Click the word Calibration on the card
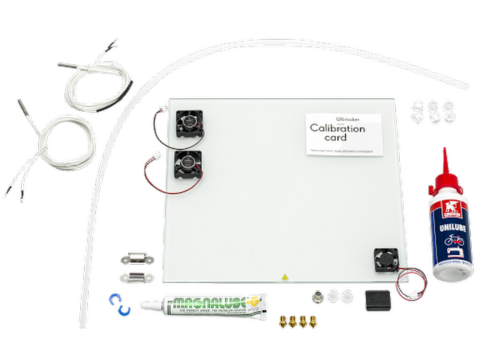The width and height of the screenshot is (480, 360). click(337, 129)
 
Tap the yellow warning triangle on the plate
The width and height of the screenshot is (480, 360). click(284, 277)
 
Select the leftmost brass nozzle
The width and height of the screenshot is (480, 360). click(283, 321)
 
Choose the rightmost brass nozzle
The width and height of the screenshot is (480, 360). click(311, 321)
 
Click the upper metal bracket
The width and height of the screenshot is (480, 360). click(136, 259)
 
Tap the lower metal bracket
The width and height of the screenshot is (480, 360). click(137, 278)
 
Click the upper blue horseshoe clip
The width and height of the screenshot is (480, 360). click(115, 298)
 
